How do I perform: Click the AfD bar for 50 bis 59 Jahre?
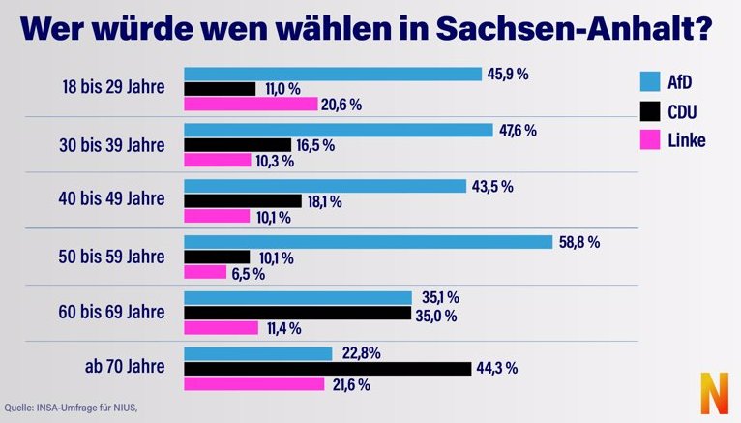369,242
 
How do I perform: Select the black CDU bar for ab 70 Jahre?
328,369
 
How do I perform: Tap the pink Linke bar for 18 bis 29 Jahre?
251,104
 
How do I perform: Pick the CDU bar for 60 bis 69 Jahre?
297,313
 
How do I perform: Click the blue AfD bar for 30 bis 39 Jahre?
339,130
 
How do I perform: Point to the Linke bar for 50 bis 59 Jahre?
205,272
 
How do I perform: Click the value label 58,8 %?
579,242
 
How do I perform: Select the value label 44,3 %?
496,368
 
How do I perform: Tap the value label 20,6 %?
341,105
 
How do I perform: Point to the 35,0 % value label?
436,316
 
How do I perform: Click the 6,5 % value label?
248,274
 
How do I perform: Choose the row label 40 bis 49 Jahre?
111,198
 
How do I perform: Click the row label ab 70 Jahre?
125,366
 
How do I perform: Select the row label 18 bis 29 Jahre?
113,87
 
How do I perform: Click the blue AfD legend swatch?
650,81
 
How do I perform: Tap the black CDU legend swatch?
650,111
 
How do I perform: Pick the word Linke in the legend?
687,140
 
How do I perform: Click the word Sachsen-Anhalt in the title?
574,29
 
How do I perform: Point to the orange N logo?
714,393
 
